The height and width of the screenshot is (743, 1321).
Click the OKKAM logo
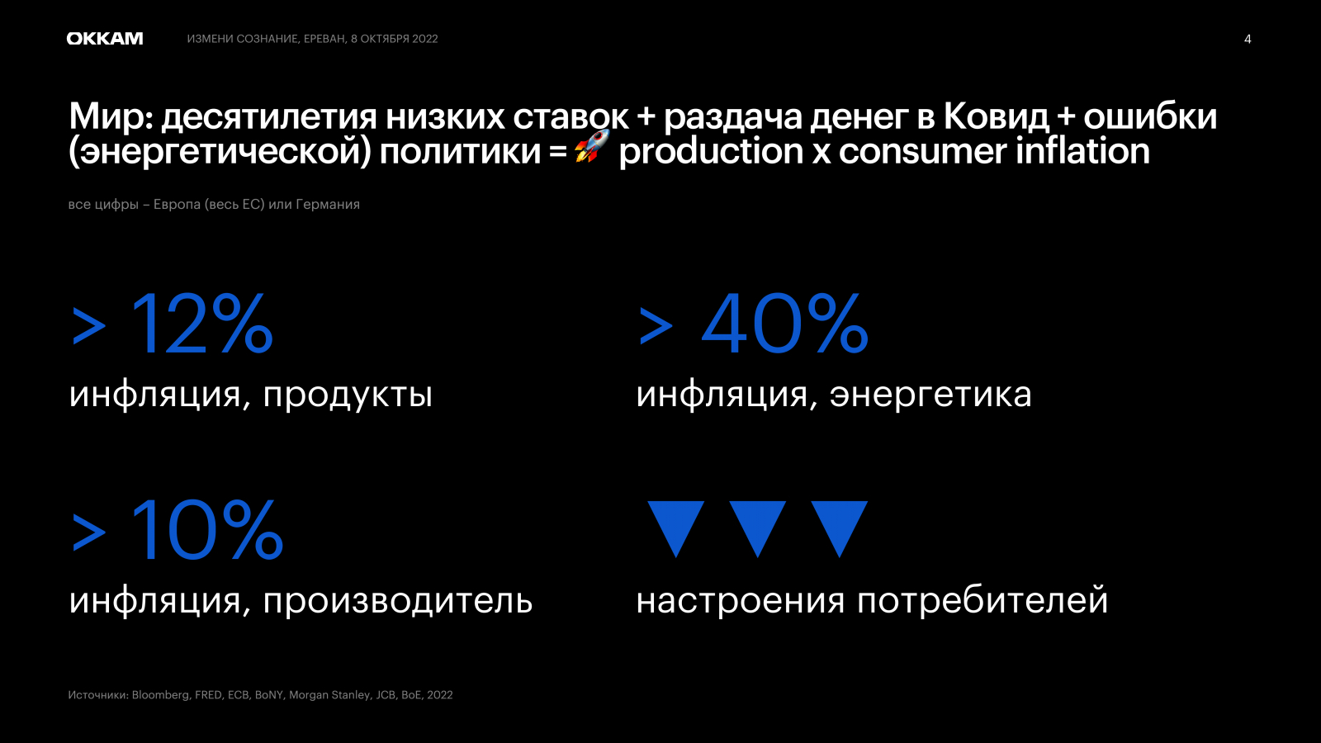tap(104, 39)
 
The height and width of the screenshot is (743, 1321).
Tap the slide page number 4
tap(1248, 39)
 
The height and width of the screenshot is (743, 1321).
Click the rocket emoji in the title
tap(591, 146)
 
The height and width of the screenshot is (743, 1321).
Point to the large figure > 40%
tap(753, 324)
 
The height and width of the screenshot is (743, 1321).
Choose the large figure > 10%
tap(178, 529)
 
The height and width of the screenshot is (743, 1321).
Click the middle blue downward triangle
tap(757, 529)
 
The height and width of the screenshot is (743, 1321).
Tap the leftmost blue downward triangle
tap(676, 529)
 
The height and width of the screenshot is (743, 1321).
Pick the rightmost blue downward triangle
tap(839, 529)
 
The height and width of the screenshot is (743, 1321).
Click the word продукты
tap(348, 395)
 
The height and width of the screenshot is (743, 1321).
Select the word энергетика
tap(930, 395)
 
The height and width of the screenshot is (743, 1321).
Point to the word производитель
tap(397, 602)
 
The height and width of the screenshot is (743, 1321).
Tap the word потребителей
tap(982, 601)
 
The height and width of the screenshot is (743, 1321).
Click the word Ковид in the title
tap(996, 116)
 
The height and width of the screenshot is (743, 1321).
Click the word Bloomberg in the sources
tap(160, 695)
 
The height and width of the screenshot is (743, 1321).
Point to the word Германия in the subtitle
tap(328, 205)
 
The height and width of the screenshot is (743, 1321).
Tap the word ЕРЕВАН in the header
tap(325, 39)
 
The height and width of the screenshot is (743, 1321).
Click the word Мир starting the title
tap(111, 116)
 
